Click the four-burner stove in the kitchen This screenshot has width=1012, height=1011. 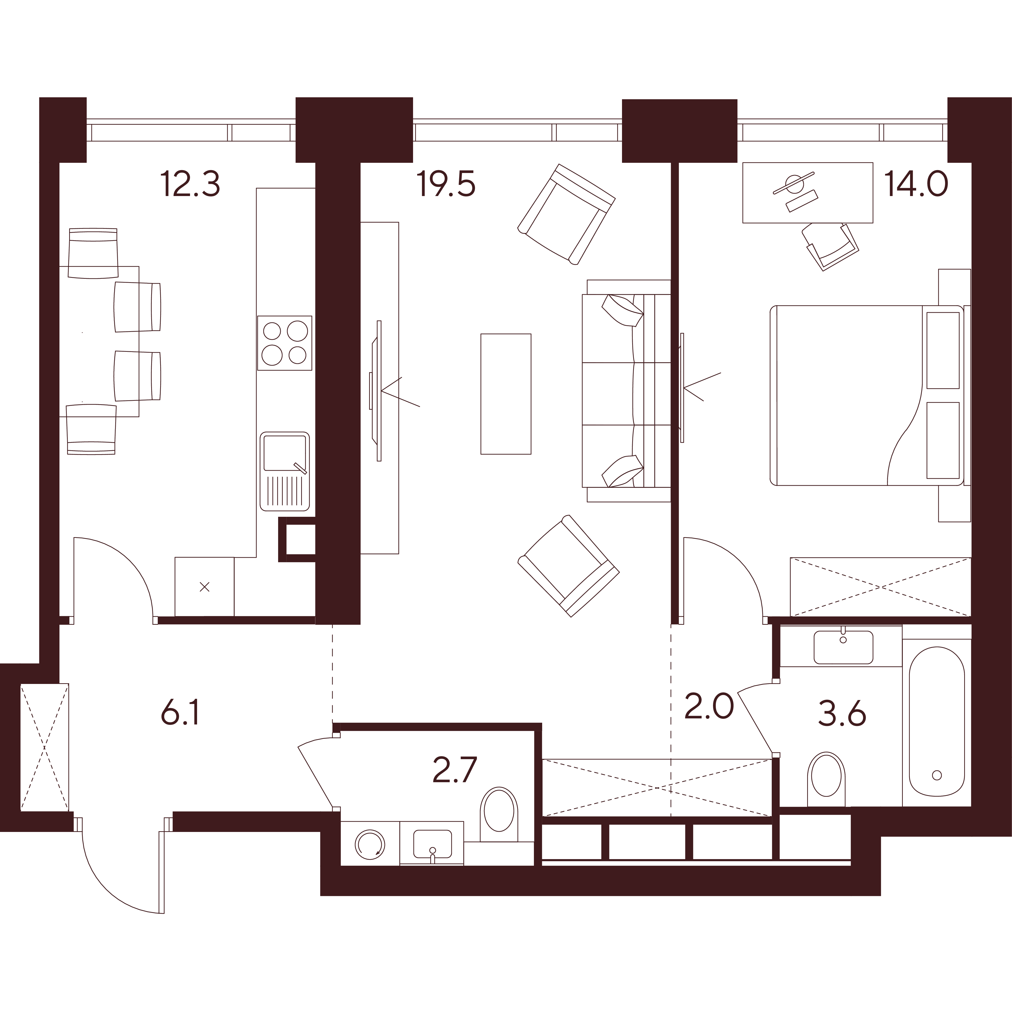click(284, 343)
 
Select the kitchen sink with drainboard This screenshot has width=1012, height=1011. click(284, 471)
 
